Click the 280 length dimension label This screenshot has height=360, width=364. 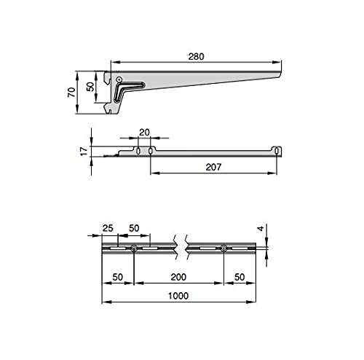196,57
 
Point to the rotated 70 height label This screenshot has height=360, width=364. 71,93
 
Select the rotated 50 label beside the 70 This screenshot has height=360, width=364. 90,87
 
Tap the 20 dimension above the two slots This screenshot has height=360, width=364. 144,133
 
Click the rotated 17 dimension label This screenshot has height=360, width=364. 84,152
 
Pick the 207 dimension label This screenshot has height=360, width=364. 213,167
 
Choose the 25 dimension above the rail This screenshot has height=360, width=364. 108,228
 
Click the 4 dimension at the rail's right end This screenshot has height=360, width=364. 261,228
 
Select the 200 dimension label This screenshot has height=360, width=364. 178,277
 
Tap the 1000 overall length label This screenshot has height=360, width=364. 178,296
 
